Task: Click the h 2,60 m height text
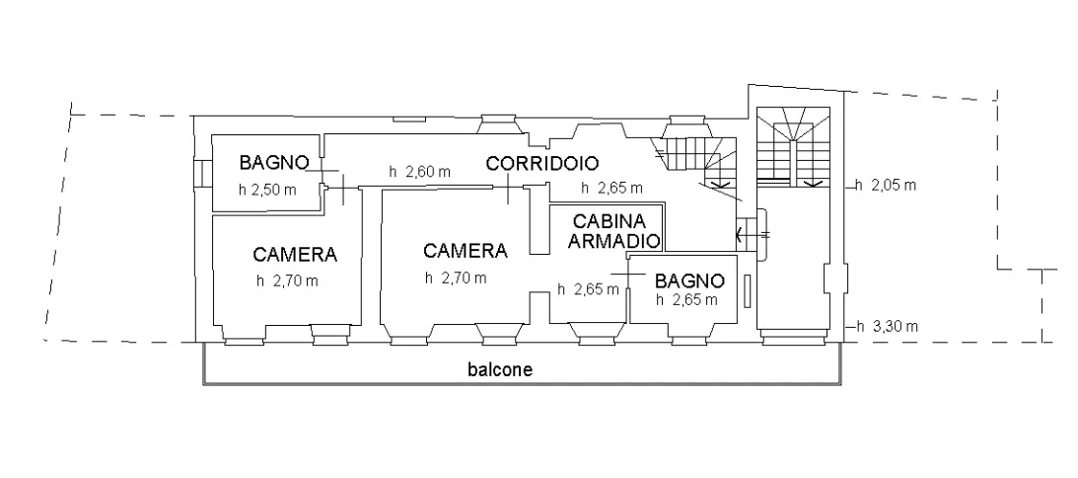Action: (419, 172)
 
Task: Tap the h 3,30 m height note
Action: (887, 327)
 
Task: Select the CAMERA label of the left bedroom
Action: (295, 254)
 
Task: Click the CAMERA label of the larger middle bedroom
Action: (466, 251)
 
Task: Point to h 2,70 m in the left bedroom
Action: (287, 280)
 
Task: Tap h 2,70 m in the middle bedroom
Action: (456, 279)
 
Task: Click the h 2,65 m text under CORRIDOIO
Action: (611, 188)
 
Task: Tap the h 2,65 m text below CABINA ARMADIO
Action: (588, 290)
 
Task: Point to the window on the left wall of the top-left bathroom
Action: (201, 172)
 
